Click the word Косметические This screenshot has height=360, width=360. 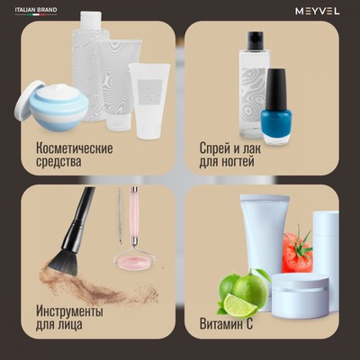pos(75,147)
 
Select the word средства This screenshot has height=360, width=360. pos(59,162)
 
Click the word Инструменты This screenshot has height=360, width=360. pos(69,311)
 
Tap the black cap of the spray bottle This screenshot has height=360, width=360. pos(254,42)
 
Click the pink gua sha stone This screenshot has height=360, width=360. pos(132,262)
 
